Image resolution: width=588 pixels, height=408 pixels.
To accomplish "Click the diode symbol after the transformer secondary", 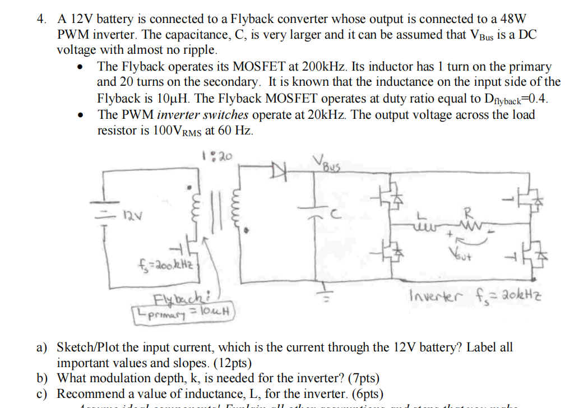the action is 279,168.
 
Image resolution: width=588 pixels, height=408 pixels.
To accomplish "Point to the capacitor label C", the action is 334,214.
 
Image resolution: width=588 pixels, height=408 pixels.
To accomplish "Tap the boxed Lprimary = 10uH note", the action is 186,311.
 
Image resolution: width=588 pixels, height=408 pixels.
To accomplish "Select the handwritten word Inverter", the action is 434,295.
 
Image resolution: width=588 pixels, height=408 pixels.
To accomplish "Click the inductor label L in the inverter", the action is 422,215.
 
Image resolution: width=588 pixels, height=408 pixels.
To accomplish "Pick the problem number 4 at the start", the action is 41,18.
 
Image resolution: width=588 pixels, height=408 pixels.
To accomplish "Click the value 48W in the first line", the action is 517,18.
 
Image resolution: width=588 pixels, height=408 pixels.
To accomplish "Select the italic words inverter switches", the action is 203,115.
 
